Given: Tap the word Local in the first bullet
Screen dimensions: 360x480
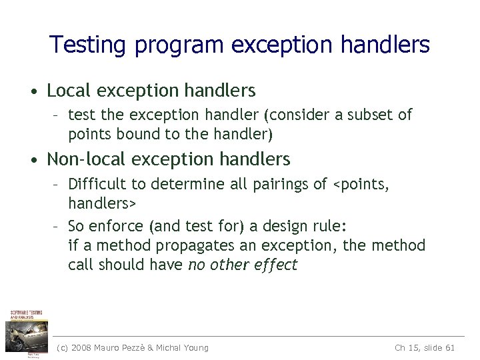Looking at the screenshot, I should click(69, 89).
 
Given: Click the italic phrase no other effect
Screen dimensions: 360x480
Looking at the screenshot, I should click(243, 265).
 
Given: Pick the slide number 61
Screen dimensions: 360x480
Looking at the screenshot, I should click(449, 347).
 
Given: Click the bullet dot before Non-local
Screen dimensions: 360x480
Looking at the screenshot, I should click(34, 161).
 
